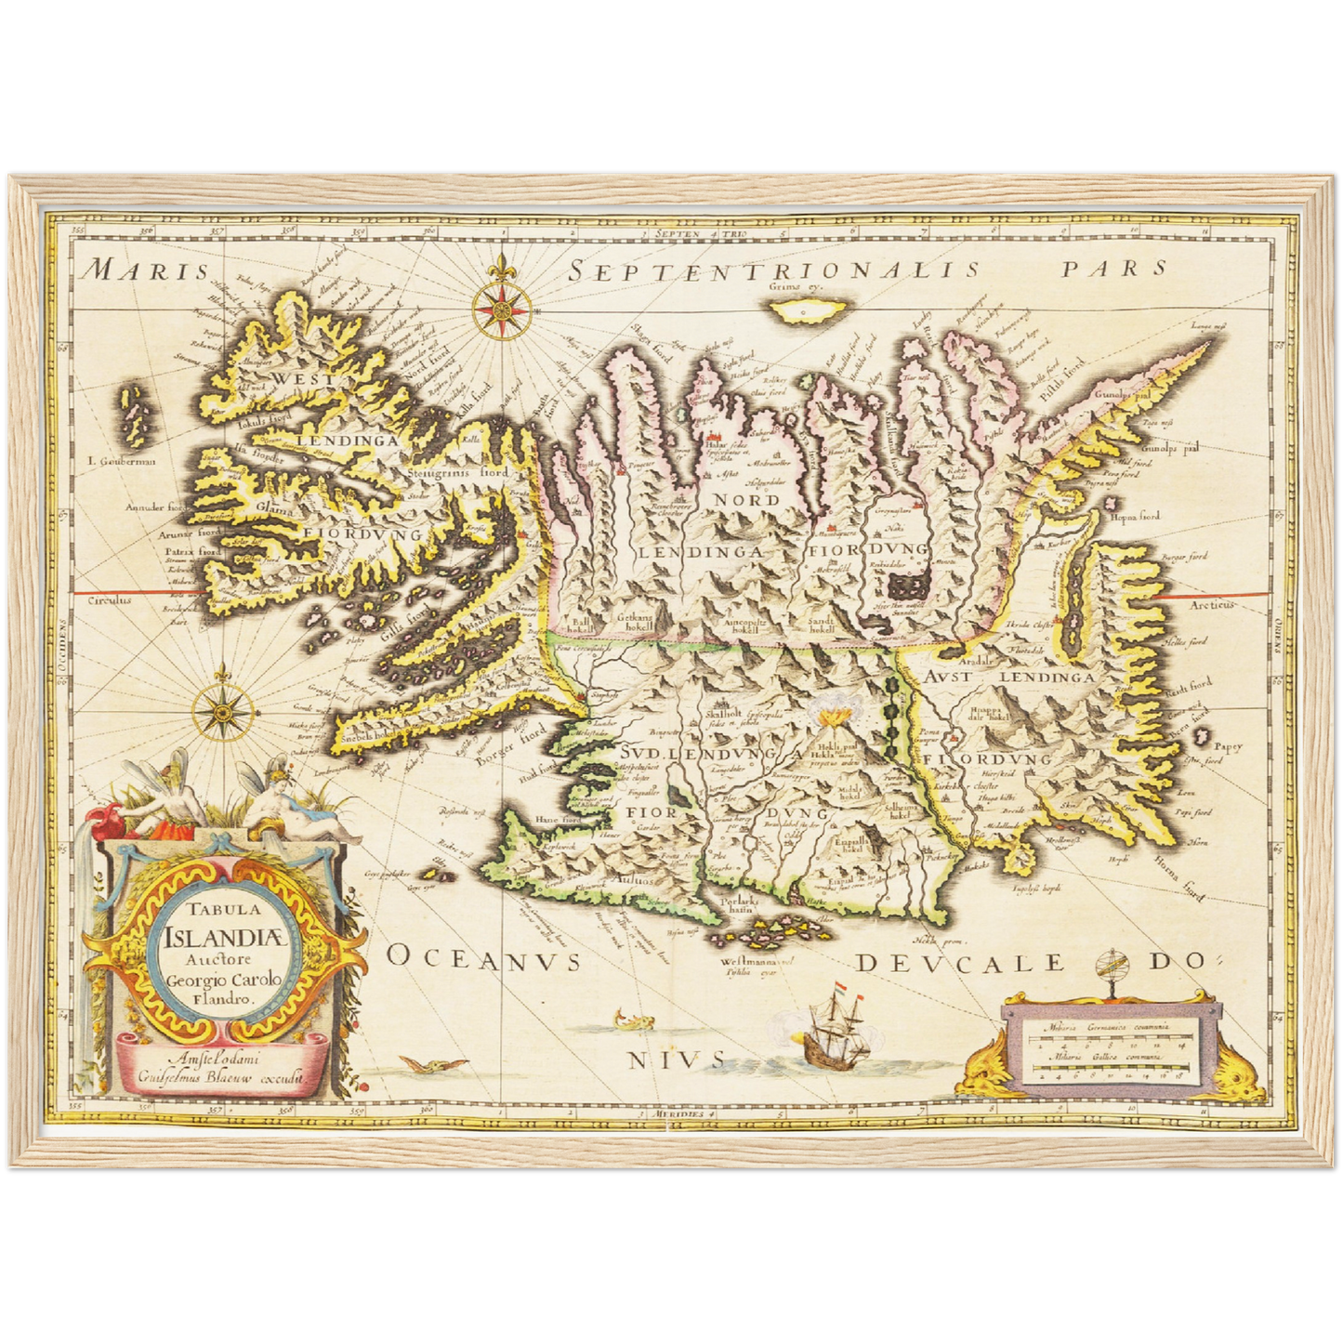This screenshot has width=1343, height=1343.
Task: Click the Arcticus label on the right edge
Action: point(1214,605)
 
